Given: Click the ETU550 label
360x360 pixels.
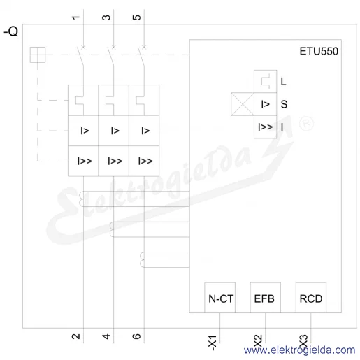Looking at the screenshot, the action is (x=319, y=51).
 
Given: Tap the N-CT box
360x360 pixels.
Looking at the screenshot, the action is (x=219, y=298).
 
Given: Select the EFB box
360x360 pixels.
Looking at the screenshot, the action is (x=265, y=298).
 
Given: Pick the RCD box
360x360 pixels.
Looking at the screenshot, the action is (x=311, y=298).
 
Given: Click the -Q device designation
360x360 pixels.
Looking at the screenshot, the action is (x=11, y=31).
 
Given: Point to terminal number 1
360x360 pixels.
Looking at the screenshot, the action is (x=75, y=17).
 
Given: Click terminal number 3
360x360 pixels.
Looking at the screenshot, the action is (x=106, y=17).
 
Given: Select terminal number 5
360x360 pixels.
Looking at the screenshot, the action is (x=136, y=17).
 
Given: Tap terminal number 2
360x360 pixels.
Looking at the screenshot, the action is (x=75, y=336).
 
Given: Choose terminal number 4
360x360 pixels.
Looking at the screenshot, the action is (x=106, y=336).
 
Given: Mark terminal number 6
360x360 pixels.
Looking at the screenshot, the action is (x=136, y=336).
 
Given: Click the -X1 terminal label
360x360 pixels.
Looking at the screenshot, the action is (x=213, y=343).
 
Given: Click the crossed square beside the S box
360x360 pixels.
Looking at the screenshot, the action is (x=243, y=104).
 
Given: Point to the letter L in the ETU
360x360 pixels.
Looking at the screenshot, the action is (x=283, y=82).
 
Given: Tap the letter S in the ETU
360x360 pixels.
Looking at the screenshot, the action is (x=284, y=104).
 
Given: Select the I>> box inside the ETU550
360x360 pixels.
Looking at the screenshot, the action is (x=265, y=127).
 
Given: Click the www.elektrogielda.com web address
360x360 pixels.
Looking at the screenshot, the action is (x=299, y=350).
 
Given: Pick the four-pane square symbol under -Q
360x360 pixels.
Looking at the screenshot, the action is (x=38, y=55).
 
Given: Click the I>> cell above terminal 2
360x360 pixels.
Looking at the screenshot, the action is (x=83, y=161).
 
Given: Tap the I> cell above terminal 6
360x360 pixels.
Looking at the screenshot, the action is (x=144, y=131).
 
